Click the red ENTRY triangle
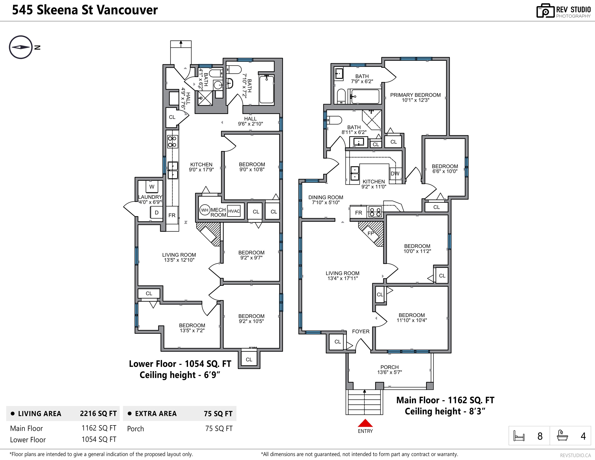click(365, 423)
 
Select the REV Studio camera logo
click(546, 11)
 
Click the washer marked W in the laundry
click(152, 187)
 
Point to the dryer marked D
click(156, 212)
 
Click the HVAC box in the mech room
click(234, 211)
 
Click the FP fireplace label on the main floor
click(370, 233)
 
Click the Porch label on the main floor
click(390, 369)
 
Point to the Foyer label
click(361, 331)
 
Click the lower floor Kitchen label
click(201, 167)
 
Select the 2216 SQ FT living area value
click(98, 413)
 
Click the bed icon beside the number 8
click(519, 436)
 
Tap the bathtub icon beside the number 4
click(562, 435)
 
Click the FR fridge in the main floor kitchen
click(358, 212)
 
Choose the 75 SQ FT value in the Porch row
click(219, 428)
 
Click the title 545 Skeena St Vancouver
click(85, 10)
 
